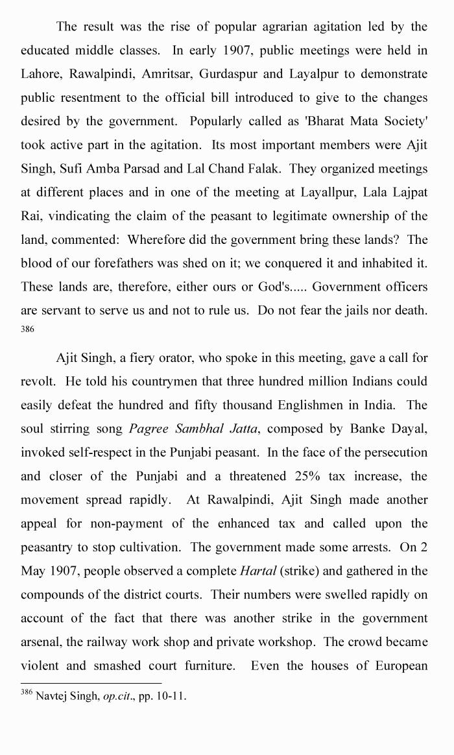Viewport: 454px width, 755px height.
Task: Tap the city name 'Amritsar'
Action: pyautogui.click(x=172, y=74)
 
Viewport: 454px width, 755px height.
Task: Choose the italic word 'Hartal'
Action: pyautogui.click(x=257, y=571)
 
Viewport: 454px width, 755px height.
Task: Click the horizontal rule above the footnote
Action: pyautogui.click(x=91, y=683)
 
